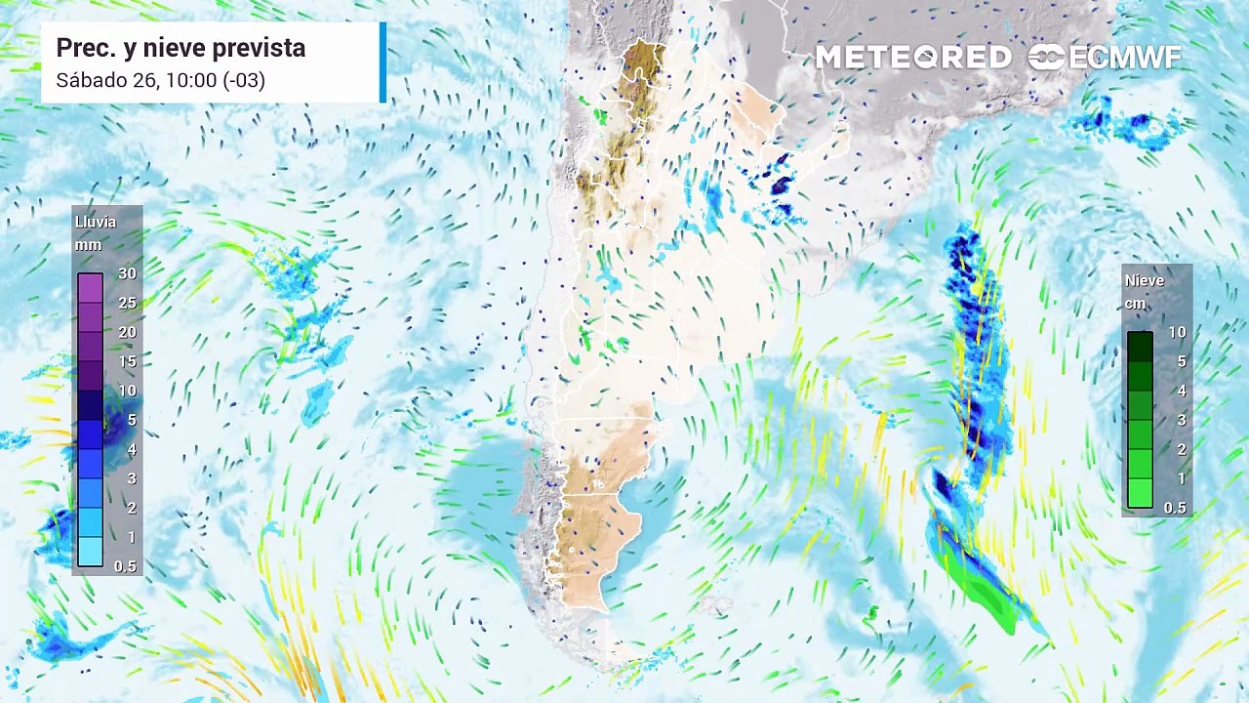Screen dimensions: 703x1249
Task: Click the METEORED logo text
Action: pos(913,58)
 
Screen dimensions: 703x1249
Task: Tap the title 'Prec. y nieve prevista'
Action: pos(181,48)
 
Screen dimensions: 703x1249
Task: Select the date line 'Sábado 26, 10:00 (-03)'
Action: pos(160,80)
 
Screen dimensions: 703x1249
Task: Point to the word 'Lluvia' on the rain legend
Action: pos(96,222)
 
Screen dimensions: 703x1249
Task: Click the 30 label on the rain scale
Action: pos(127,273)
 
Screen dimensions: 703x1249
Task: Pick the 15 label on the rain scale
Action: pos(127,361)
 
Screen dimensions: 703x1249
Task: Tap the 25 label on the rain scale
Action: pos(127,303)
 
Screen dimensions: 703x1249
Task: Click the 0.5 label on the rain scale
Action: pos(126,566)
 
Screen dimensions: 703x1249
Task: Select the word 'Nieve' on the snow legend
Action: pos(1145,280)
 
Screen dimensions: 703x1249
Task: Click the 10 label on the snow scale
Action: pos(1178,332)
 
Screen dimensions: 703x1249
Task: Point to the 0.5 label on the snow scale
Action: pos(1176,508)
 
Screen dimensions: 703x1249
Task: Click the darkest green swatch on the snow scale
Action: pos(1140,347)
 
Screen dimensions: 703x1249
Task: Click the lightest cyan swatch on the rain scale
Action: pos(90,552)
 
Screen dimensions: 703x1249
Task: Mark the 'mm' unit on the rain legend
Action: pos(87,245)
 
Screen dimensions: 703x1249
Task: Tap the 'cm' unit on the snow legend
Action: pos(1135,304)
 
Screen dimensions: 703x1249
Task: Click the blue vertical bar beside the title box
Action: pos(383,62)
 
